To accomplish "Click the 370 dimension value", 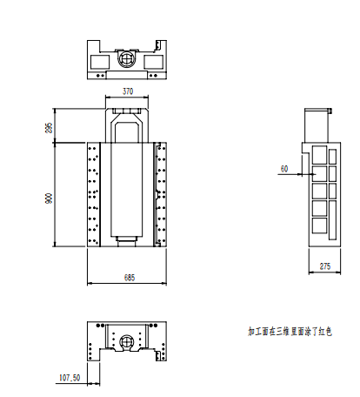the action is point(128,91).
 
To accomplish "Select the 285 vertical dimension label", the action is point(49,128).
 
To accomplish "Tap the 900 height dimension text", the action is point(49,198).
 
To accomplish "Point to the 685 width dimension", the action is point(130,278).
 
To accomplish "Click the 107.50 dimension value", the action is point(70,378).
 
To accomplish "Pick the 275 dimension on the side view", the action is point(325,266).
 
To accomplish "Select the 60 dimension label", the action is point(284,169).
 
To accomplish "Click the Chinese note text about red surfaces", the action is point(290,331).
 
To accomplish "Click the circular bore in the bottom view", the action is point(127,341).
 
